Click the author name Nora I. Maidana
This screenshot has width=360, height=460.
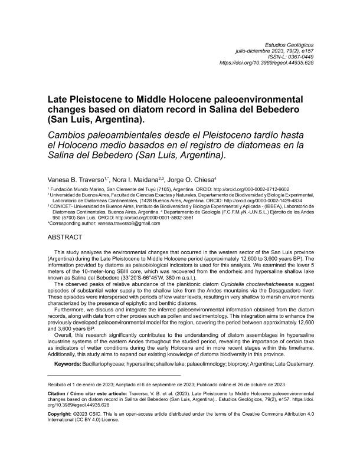138,179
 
